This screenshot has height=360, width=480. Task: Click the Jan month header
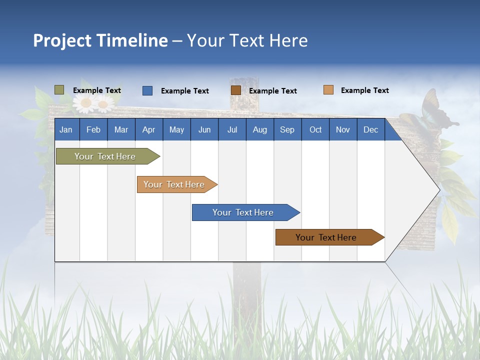pyautogui.click(x=66, y=130)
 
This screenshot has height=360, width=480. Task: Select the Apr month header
pyautogui.click(x=148, y=130)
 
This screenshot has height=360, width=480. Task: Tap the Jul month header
pyautogui.click(x=232, y=130)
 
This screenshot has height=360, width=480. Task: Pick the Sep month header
pyautogui.click(x=287, y=130)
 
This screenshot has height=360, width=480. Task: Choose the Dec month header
pyautogui.click(x=370, y=130)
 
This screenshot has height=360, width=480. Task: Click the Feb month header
pyautogui.click(x=93, y=130)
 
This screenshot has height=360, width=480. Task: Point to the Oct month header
pyautogui.click(x=315, y=130)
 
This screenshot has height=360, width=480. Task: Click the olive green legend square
pyautogui.click(x=59, y=90)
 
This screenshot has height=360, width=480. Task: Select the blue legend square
pyautogui.click(x=147, y=90)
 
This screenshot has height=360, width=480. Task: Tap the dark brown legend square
pyautogui.click(x=236, y=90)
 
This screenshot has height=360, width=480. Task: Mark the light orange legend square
pyautogui.click(x=328, y=90)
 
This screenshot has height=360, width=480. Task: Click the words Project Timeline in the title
pyautogui.click(x=100, y=40)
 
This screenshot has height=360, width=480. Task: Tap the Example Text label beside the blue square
pyautogui.click(x=184, y=91)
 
